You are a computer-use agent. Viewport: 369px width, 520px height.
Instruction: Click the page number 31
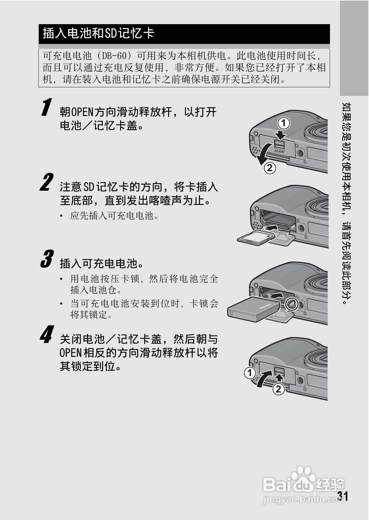[343, 496]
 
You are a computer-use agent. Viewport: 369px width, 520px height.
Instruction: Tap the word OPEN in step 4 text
[70, 353]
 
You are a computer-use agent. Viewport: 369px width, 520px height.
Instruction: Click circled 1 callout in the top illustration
[283, 123]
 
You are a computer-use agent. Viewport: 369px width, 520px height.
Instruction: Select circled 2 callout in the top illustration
[270, 168]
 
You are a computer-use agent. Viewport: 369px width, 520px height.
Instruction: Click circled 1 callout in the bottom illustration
[250, 373]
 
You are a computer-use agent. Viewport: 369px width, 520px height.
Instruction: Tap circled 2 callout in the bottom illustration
[278, 389]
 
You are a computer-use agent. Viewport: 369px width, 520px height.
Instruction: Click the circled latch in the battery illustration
[292, 304]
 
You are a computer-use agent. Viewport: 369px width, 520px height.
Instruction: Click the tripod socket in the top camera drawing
[300, 153]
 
